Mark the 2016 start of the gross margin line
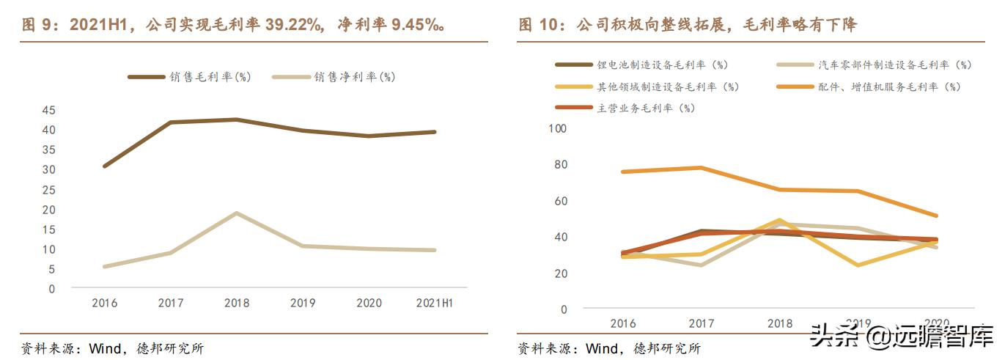(104, 166)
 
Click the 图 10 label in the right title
(539, 26)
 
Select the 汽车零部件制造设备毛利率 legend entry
(894, 65)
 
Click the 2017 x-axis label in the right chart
(702, 323)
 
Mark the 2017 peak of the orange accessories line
(702, 168)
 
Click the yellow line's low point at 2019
(857, 265)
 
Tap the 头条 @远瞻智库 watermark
(902, 336)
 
